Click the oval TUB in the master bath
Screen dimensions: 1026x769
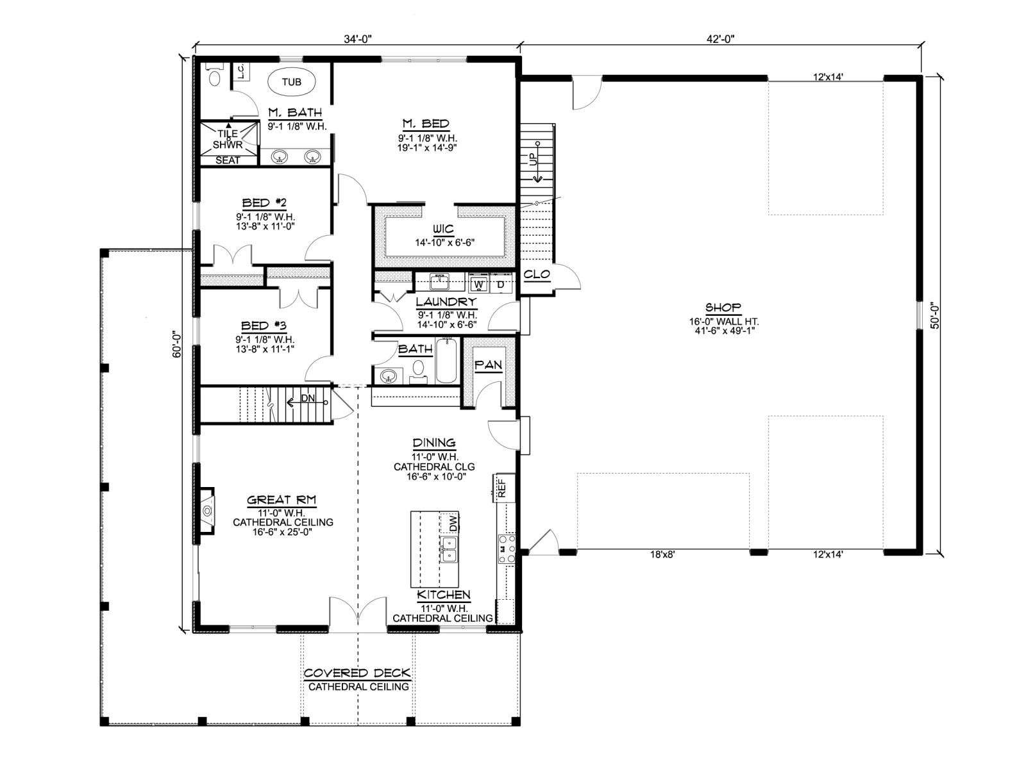click(291, 82)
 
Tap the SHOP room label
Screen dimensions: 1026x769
click(723, 307)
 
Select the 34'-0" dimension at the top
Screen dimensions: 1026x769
click(358, 39)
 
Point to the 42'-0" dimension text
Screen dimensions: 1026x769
click(720, 39)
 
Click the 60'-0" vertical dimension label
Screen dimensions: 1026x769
click(177, 345)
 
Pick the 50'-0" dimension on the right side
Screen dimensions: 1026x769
click(934, 316)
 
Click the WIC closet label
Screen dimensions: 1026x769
click(443, 229)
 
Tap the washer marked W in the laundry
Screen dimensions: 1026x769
click(478, 284)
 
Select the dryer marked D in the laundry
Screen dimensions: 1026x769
click(500, 284)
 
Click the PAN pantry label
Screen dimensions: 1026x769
click(488, 365)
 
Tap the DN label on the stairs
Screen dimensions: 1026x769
click(308, 398)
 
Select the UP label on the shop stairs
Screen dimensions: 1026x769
click(534, 159)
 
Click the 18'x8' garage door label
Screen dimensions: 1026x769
click(662, 555)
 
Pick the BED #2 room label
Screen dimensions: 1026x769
click(264, 203)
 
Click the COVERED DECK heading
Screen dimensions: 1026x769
click(357, 673)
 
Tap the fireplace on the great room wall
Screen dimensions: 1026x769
click(207, 511)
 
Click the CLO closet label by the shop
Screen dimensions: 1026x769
click(536, 274)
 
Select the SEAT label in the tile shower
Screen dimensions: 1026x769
click(228, 160)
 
